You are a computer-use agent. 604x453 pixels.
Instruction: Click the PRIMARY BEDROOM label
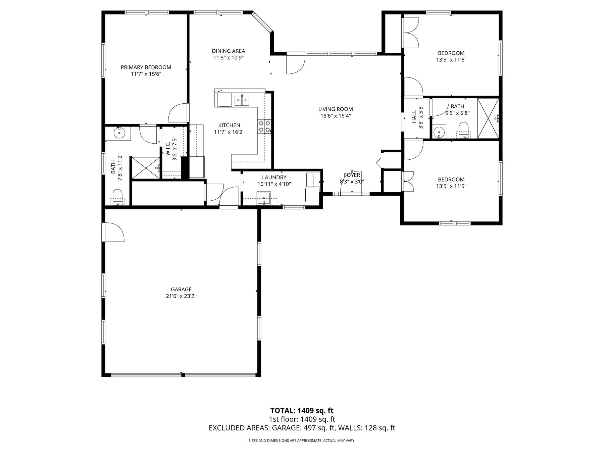click(146, 67)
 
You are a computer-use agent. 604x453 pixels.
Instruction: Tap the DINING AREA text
click(229, 51)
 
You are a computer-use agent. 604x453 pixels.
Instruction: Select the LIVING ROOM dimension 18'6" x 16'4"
click(336, 116)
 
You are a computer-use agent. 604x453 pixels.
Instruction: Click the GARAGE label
click(181, 289)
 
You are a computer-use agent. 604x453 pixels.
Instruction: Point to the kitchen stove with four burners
click(264, 127)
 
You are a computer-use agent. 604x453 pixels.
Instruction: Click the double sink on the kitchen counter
click(242, 100)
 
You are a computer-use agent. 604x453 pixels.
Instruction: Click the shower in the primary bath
click(145, 167)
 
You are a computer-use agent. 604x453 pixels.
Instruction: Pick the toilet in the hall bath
click(463, 130)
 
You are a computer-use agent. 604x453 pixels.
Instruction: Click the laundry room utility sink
click(264, 198)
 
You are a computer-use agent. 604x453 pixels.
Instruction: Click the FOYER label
click(352, 175)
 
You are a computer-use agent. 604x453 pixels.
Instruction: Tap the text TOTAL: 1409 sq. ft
click(302, 410)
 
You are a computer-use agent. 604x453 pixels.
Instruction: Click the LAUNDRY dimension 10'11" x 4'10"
click(274, 184)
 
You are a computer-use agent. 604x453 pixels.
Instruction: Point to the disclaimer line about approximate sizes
click(302, 441)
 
